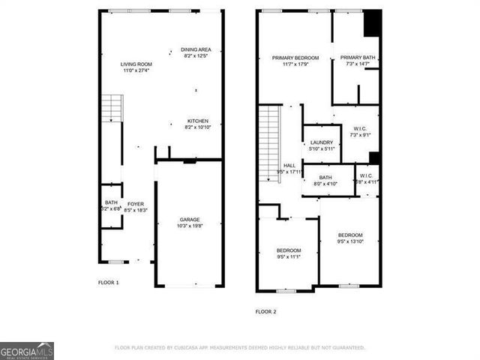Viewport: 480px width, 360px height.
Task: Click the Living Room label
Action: (x=136, y=64)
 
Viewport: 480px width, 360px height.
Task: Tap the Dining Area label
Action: (x=196, y=49)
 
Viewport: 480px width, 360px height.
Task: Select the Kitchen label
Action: (x=198, y=121)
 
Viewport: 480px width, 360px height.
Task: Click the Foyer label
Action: (x=135, y=203)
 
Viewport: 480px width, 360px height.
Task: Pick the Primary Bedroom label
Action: (x=295, y=58)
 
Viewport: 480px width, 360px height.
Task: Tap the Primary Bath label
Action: (x=356, y=58)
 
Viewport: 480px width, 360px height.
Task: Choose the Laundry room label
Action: (x=321, y=142)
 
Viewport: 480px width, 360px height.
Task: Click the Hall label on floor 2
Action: (x=289, y=166)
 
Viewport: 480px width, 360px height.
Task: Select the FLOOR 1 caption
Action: (x=109, y=283)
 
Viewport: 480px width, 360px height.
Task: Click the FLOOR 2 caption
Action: (x=266, y=311)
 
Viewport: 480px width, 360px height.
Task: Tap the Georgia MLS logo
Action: (x=26, y=351)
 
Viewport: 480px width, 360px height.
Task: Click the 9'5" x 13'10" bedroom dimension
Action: (x=352, y=242)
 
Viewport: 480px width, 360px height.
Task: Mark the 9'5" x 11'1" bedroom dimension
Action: (x=289, y=257)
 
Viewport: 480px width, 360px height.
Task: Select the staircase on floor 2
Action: (x=269, y=142)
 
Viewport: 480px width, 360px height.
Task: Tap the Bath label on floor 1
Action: (x=111, y=203)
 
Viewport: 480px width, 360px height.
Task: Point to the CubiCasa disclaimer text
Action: (x=240, y=348)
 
